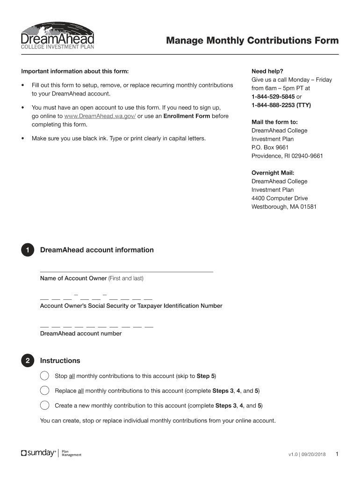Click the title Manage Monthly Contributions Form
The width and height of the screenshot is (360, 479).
252,41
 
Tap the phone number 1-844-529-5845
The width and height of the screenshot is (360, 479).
273,96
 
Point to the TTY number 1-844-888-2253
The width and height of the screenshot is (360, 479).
274,105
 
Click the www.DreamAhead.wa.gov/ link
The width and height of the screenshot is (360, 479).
100,116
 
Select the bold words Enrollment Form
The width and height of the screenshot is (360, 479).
187,116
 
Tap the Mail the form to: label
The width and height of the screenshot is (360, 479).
271,122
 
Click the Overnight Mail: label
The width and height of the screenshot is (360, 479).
273,173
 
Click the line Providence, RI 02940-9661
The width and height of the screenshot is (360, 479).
287,156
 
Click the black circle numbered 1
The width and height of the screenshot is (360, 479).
28,250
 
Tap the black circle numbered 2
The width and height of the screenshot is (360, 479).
28,361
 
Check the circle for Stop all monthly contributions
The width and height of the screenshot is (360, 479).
44,376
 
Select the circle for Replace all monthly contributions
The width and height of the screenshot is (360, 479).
44,391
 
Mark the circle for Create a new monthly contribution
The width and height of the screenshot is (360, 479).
44,406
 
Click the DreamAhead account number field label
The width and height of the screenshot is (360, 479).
81,334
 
